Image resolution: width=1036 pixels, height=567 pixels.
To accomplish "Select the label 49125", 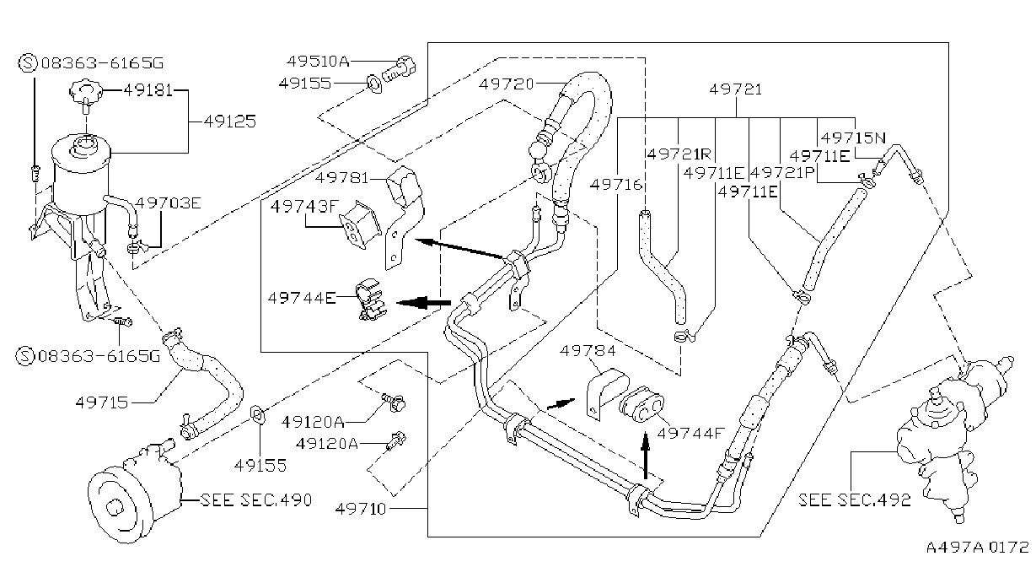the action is coord(230,121).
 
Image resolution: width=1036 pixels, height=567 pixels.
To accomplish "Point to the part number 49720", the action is coord(507,84).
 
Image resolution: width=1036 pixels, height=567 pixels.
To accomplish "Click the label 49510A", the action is coord(318,61).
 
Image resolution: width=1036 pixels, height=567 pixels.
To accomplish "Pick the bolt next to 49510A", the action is coord(399,68).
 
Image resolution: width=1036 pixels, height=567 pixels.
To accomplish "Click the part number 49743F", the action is coord(305,206).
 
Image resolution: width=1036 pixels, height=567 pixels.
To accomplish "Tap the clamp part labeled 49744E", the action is coord(372,300).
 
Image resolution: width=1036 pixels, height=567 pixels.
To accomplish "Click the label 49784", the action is coord(588,351).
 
